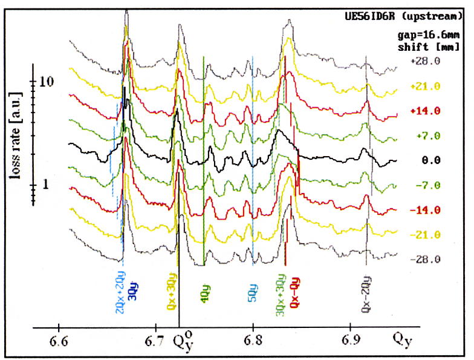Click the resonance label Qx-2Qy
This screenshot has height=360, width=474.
pyautogui.click(x=366, y=293)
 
